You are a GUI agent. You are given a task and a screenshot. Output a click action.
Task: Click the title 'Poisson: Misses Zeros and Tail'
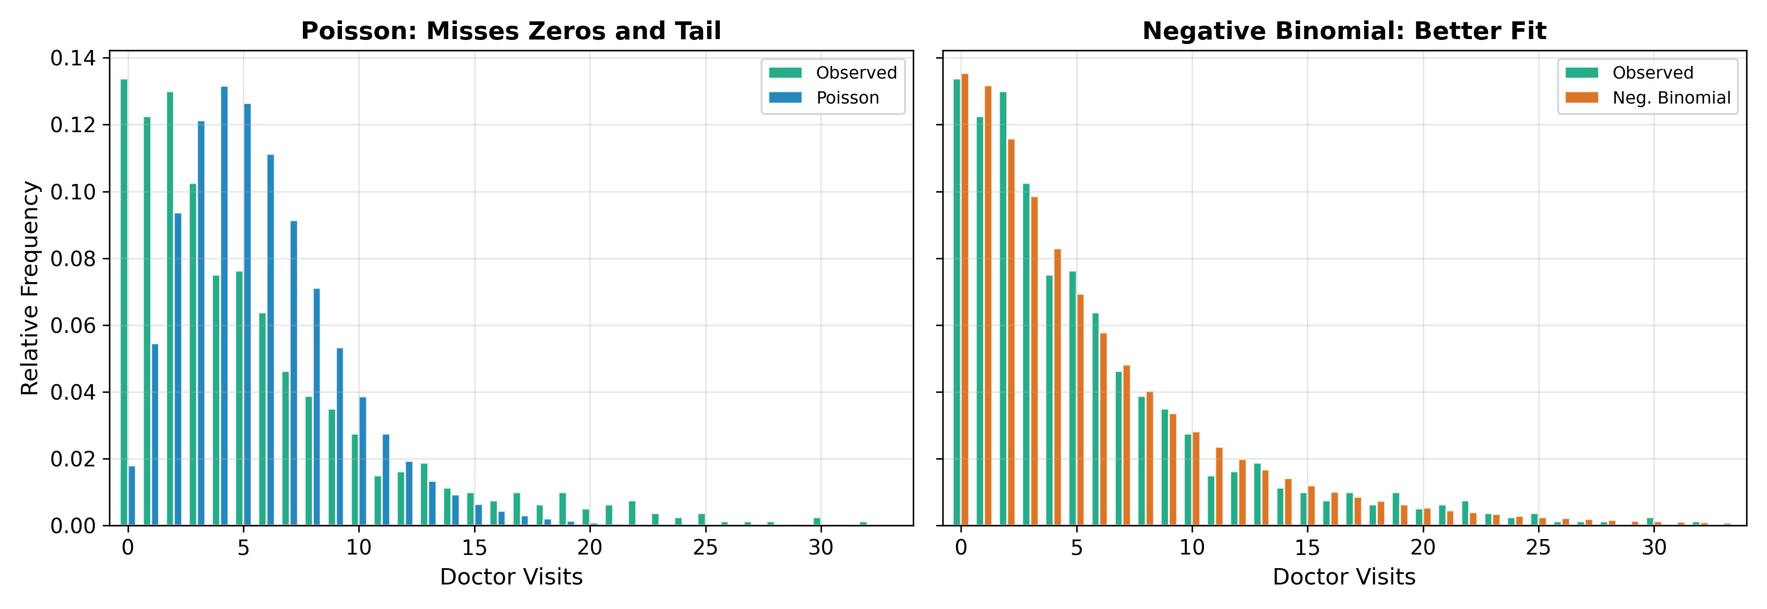511,31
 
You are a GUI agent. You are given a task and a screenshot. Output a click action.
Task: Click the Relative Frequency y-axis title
30,288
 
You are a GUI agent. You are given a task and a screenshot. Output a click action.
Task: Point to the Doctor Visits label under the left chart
511,577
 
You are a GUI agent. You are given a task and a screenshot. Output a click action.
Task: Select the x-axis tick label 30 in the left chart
821,547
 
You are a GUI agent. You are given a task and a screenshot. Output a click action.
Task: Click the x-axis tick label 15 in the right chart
1307,547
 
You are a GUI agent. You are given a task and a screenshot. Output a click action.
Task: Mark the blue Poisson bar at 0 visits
132,496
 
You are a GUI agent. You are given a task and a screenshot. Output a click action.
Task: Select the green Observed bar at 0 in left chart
124,302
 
